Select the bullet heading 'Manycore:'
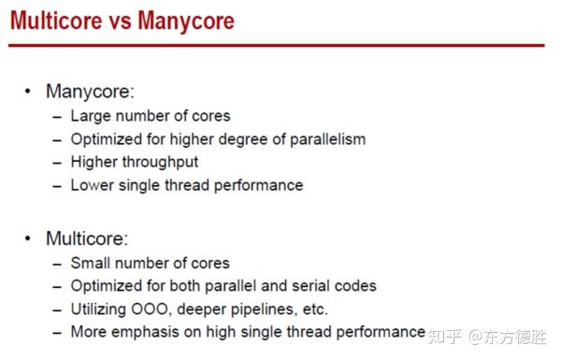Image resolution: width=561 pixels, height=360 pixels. (91, 92)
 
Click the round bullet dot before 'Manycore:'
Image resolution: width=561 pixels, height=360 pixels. (27, 92)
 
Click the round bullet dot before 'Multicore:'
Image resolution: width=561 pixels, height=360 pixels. (27, 238)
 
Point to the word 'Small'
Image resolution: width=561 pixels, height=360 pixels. (92, 263)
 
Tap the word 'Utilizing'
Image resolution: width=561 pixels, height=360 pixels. (102, 309)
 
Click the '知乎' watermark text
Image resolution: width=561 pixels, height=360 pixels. (445, 334)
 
